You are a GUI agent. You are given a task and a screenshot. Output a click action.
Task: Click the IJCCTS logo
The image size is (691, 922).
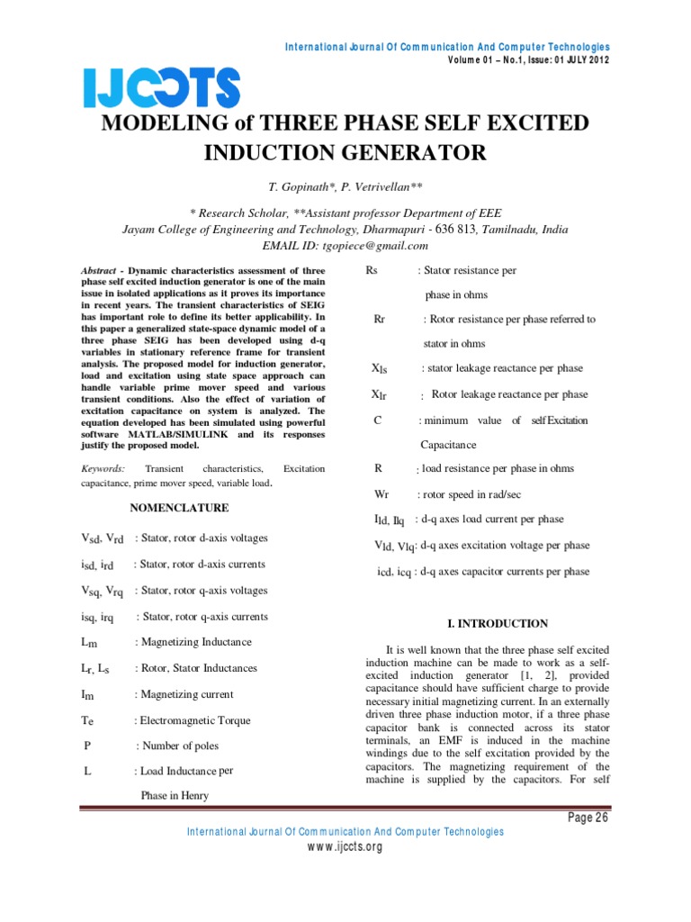163,88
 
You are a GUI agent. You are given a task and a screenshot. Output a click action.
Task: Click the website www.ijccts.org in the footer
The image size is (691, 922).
345,847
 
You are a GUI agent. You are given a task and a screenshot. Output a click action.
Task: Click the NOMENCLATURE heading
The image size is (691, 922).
179,508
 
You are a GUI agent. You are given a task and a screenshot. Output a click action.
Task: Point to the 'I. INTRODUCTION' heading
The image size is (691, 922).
498,623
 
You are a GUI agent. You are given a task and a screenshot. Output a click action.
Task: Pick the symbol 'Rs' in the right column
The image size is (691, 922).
373,270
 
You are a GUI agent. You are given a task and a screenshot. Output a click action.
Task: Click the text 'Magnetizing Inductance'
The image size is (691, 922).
194,642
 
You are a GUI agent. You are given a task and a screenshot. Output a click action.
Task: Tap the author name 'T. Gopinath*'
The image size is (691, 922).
299,186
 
